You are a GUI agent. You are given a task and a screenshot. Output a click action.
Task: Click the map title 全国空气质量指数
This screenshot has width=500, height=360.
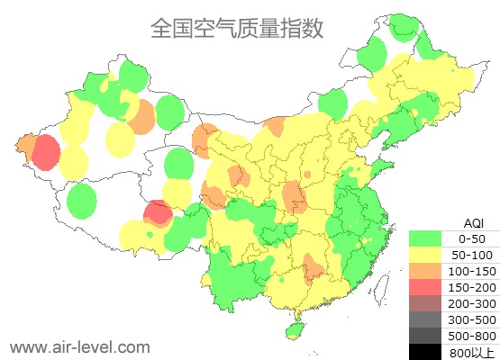click(237, 28)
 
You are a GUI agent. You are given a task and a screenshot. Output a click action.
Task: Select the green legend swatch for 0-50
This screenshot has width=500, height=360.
click(425, 238)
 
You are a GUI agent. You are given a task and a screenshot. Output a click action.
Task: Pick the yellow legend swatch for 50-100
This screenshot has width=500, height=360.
click(425, 255)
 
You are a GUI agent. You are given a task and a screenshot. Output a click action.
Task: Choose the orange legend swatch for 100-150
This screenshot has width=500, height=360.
click(425, 271)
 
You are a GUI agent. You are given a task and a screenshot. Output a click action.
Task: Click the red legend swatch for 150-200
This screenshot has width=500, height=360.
click(425, 287)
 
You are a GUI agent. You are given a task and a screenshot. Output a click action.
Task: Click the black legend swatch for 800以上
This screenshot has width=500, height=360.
click(425, 352)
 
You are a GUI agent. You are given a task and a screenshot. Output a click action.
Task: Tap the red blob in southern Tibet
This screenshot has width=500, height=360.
click(159, 213)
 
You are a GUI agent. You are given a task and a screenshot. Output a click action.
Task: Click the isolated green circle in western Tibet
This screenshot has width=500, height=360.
click(82, 200)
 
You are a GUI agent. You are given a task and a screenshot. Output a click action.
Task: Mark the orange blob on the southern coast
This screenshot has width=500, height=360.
click(314, 266)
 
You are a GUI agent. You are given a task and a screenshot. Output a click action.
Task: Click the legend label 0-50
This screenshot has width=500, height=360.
click(472, 238)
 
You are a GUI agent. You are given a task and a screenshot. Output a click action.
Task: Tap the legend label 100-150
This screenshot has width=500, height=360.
click(472, 271)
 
